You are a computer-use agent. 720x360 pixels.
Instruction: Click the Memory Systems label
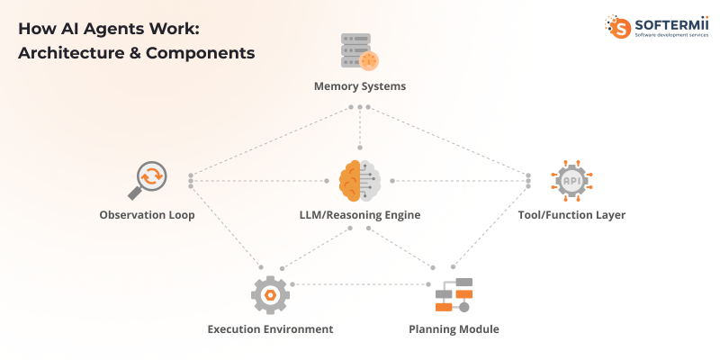pyautogui.click(x=359, y=86)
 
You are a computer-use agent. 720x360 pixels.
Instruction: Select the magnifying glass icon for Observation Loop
pyautogui.click(x=147, y=179)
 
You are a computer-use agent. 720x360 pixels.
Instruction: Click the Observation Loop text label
pyautogui.click(x=147, y=215)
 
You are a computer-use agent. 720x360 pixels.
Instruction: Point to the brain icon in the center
pyautogui.click(x=359, y=180)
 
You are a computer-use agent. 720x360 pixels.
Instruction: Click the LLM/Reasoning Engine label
pyautogui.click(x=359, y=215)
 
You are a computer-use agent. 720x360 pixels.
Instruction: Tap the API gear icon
pyautogui.click(x=571, y=180)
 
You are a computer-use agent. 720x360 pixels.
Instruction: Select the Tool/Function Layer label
pyautogui.click(x=571, y=215)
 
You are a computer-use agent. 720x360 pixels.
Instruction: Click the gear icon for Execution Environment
pyautogui.click(x=269, y=294)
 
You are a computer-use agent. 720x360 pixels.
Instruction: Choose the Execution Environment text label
pyautogui.click(x=270, y=329)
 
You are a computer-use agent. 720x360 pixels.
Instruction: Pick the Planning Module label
pyautogui.click(x=454, y=329)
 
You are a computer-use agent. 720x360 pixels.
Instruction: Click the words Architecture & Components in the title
pyautogui.click(x=136, y=52)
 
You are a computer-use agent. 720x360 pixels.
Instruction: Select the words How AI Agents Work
pyautogui.click(x=109, y=28)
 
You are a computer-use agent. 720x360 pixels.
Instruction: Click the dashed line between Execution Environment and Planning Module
pyautogui.click(x=360, y=284)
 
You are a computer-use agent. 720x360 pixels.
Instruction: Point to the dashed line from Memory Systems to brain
pyautogui.click(x=359, y=129)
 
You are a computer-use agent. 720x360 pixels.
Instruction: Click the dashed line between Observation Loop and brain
pyautogui.click(x=261, y=181)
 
